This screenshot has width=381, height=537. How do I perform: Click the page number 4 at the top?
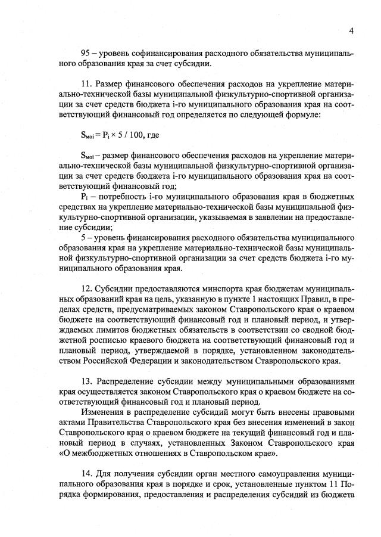pos(351,30)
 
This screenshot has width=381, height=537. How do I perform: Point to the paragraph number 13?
pos(85,380)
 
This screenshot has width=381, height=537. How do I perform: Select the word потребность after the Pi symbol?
pos(121,196)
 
